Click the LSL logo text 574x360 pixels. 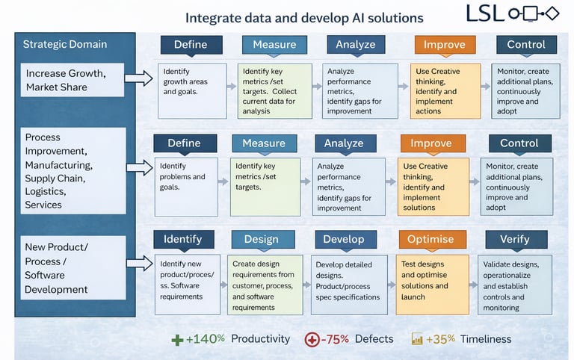click(485, 13)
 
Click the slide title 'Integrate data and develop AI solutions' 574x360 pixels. click(304, 18)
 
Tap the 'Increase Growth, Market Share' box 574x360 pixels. click(72, 80)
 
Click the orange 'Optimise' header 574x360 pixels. click(431, 240)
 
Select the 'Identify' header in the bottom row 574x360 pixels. click(183, 240)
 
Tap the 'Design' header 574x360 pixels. click(261, 240)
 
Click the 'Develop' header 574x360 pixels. click(345, 240)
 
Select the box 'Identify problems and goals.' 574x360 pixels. click(186, 187)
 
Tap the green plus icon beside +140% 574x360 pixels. click(177, 340)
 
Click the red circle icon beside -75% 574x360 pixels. click(312, 340)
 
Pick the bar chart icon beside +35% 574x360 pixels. click(417, 340)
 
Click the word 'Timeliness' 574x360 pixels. click(486, 339)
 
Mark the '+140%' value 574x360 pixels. click(206, 339)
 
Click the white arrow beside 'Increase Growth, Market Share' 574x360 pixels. click(138, 78)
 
